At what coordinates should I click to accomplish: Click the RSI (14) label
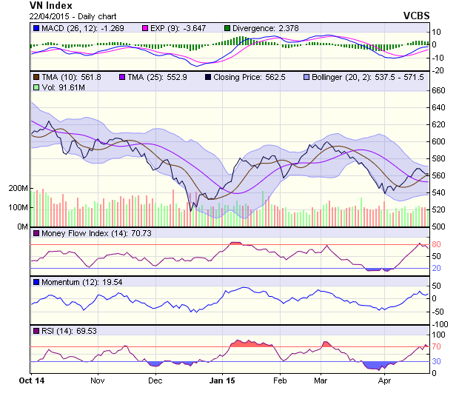click(56, 330)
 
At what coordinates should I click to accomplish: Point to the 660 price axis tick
click(438, 90)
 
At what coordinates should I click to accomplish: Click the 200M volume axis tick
click(18, 189)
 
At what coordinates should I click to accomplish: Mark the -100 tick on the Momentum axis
click(440, 324)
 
